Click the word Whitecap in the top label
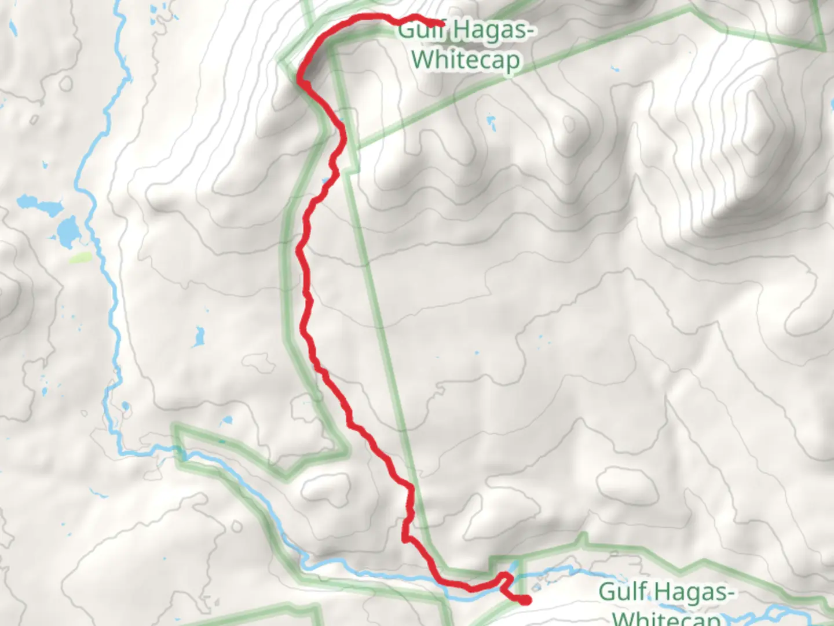point(466,60)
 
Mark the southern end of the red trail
point(525,600)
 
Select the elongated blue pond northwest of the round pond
point(38,205)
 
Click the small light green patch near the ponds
point(81,258)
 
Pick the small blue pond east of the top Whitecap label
point(492,122)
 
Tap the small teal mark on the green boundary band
point(221,442)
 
